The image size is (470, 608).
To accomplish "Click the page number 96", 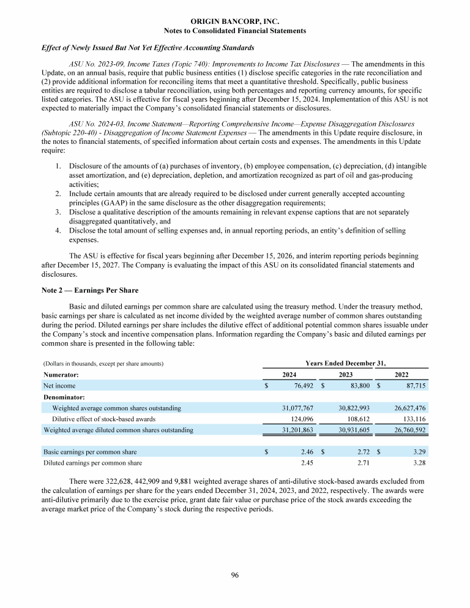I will click(x=234, y=574).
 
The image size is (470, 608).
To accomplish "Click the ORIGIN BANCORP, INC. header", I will click(x=235, y=21).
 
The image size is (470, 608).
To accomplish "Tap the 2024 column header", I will click(x=290, y=374).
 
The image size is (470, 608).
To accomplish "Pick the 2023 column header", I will click(x=346, y=374).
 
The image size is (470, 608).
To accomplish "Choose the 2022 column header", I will click(x=401, y=374).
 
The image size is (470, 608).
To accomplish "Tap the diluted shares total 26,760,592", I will click(x=406, y=430).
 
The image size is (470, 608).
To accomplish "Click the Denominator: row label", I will click(x=64, y=397).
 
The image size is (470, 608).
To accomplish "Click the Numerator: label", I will click(x=61, y=374).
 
